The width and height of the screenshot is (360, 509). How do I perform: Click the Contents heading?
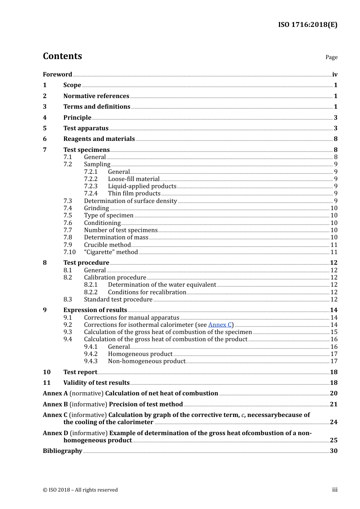point(62,56)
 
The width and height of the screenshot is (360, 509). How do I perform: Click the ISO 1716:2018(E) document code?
point(307,25)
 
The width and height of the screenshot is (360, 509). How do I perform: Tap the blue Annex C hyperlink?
point(220,325)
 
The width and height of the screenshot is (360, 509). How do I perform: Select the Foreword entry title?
point(57,74)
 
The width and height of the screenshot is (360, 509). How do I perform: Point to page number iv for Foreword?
point(335,74)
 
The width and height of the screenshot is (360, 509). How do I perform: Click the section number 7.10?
point(69,252)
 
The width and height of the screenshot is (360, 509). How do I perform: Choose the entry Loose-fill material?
point(133,179)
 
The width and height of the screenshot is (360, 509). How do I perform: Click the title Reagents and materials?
point(99,139)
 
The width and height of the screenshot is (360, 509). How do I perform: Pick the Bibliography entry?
point(62,451)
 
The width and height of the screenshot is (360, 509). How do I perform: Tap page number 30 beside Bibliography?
point(333,451)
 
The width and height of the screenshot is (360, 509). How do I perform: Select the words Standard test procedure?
point(118,299)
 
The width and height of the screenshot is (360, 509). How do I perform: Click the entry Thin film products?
point(134,193)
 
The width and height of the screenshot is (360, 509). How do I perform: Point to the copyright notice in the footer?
point(80,490)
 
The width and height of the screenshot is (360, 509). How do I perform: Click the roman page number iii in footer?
point(335,489)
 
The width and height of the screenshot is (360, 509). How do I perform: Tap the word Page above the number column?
point(331,57)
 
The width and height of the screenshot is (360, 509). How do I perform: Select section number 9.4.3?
point(91,361)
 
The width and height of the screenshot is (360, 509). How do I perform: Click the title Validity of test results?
point(96,383)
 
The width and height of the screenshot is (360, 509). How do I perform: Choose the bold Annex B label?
point(55,404)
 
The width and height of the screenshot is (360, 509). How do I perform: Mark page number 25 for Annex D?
point(333,440)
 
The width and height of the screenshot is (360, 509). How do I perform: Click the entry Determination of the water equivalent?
point(162,284)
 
